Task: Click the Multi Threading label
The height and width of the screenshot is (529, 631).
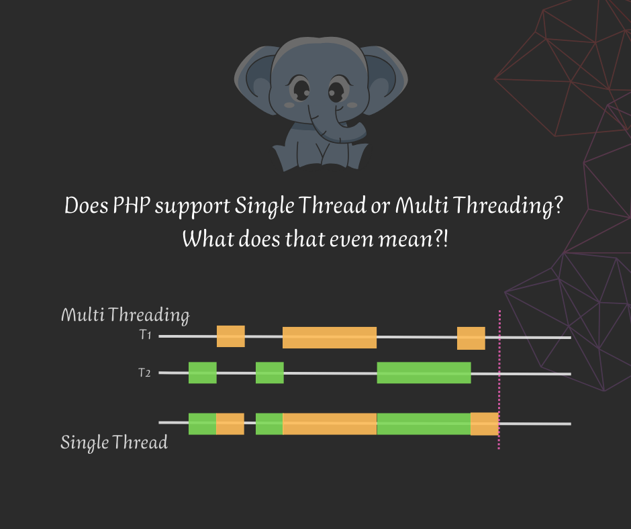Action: point(125,315)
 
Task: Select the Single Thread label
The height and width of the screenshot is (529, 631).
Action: point(114,443)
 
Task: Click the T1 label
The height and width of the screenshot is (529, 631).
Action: point(145,335)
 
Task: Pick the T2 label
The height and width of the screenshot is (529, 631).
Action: point(144,373)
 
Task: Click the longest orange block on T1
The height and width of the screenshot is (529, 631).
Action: point(329,337)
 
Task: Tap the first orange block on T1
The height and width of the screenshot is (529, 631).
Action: point(230,336)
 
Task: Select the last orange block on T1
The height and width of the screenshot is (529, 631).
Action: point(471,338)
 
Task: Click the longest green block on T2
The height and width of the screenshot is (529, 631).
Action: point(424,373)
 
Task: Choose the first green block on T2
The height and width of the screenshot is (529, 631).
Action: point(202,373)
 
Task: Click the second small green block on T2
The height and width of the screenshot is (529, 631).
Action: point(269,373)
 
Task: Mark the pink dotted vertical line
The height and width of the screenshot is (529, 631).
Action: point(499,379)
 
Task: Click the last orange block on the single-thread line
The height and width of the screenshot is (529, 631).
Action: point(484,424)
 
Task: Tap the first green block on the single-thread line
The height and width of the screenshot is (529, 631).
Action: point(202,424)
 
